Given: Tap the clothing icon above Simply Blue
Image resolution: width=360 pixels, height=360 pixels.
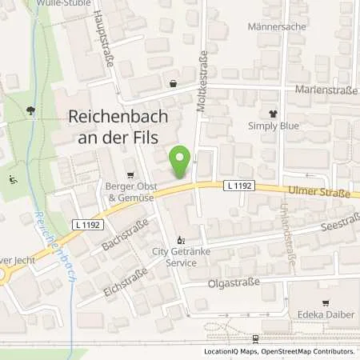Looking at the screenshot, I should point(273,114).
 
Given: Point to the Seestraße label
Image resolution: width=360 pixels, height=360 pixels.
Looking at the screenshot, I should point(326,227).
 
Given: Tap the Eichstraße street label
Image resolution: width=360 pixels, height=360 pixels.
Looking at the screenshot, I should point(127,286).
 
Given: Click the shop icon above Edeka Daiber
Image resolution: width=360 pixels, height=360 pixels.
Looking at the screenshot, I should point(326,302).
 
